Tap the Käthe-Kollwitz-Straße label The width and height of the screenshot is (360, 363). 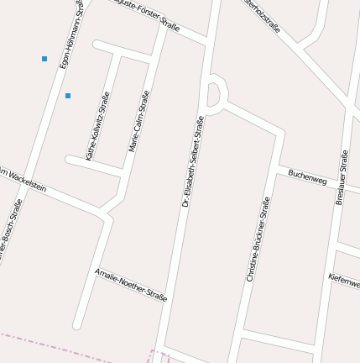[x=97, y=126]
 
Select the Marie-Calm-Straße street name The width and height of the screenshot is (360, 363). [x=139, y=121]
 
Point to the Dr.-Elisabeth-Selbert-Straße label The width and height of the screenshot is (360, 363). [x=193, y=161]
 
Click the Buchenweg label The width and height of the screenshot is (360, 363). [x=306, y=177]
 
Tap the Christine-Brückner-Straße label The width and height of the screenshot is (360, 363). [x=258, y=239]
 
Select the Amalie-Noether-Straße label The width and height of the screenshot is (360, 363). [x=131, y=286]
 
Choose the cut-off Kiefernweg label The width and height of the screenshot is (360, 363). [x=344, y=280]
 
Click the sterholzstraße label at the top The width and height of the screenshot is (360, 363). [x=263, y=17]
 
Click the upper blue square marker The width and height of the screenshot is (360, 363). [x=44, y=59]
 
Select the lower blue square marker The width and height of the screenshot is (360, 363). [x=68, y=96]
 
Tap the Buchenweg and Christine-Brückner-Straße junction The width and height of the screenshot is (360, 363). [x=276, y=168]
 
